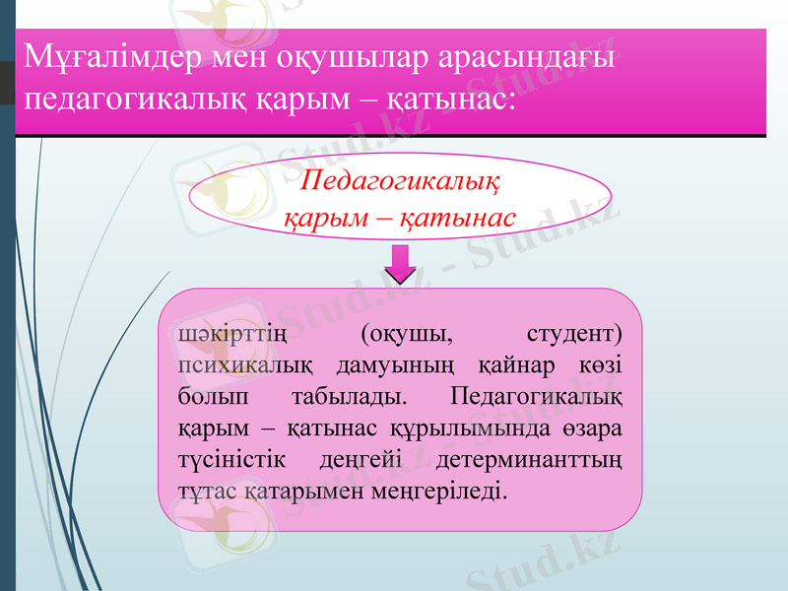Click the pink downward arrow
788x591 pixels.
coord(401,263)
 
